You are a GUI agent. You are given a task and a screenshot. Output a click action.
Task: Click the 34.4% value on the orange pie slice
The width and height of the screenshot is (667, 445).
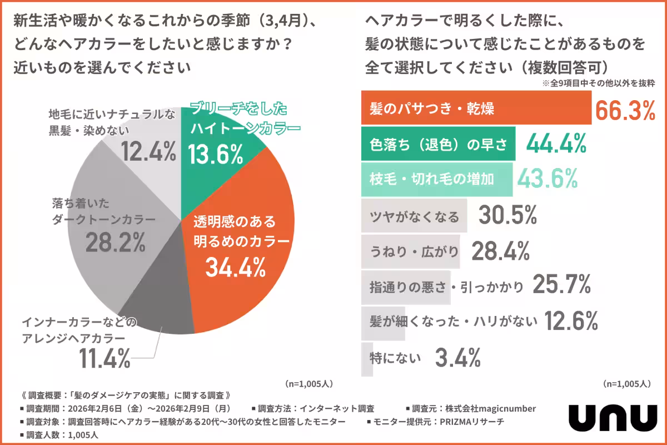[x=235, y=269]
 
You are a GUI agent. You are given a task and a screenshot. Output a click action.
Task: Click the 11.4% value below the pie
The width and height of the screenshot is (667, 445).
[x=104, y=358]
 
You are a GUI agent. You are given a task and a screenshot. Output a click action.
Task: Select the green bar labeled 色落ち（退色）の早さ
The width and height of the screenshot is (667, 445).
[x=438, y=144]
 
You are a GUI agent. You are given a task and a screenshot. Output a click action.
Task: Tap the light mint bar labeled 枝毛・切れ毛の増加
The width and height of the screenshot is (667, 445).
[x=436, y=179]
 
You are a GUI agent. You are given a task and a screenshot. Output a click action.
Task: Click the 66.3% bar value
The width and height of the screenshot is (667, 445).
[x=625, y=110]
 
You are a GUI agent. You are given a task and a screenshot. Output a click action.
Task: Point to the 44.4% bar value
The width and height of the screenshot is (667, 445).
[x=556, y=145]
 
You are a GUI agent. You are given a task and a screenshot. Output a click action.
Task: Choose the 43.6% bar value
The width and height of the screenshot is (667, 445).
[x=547, y=179]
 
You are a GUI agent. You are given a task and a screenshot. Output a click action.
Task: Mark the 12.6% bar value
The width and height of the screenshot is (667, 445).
[x=571, y=321]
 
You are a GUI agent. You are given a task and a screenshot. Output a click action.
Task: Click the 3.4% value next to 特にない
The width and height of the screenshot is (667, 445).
[x=457, y=358]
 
